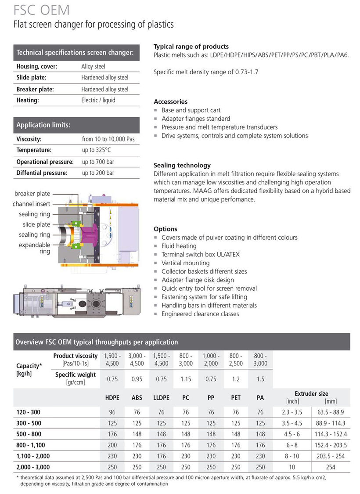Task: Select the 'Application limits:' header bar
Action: tap(77, 125)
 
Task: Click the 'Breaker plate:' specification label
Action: tap(35, 89)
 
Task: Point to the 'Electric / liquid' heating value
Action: tap(98, 100)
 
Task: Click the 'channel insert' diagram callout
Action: tap(32, 204)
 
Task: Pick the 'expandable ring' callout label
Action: tap(35, 248)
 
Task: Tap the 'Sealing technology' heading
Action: tap(182, 166)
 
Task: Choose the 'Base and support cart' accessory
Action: tap(191, 110)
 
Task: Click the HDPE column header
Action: tap(112, 398)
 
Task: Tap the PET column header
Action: tap(236, 398)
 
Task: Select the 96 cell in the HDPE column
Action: tap(112, 412)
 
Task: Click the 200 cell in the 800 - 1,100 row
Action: tap(112, 445)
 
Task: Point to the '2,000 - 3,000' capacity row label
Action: tap(33, 467)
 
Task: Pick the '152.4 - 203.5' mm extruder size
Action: tap(331, 445)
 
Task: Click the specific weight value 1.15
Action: tap(186, 379)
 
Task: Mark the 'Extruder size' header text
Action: tap(311, 393)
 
